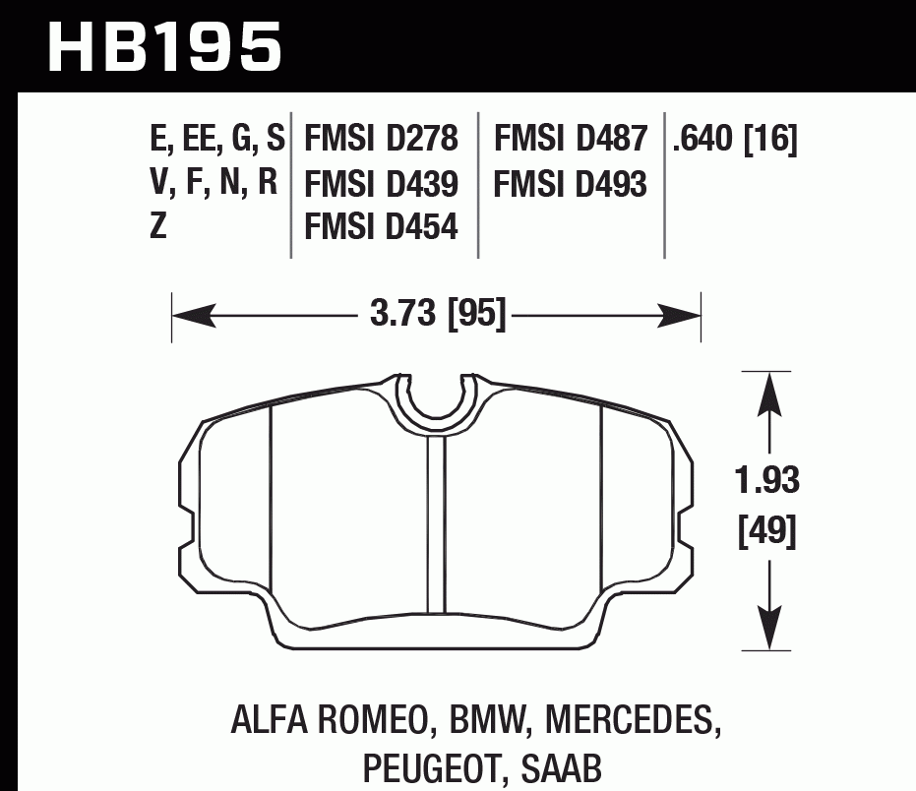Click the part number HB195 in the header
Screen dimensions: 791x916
(164, 46)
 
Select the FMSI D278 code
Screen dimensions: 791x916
(382, 140)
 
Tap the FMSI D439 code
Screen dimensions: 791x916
(382, 184)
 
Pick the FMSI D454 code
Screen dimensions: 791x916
(382, 228)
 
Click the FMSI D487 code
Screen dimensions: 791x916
(571, 140)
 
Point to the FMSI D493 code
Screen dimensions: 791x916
(571, 184)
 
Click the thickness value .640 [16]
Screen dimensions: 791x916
(735, 140)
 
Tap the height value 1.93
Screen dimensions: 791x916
(767, 482)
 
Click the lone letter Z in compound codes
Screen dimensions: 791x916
(157, 228)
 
